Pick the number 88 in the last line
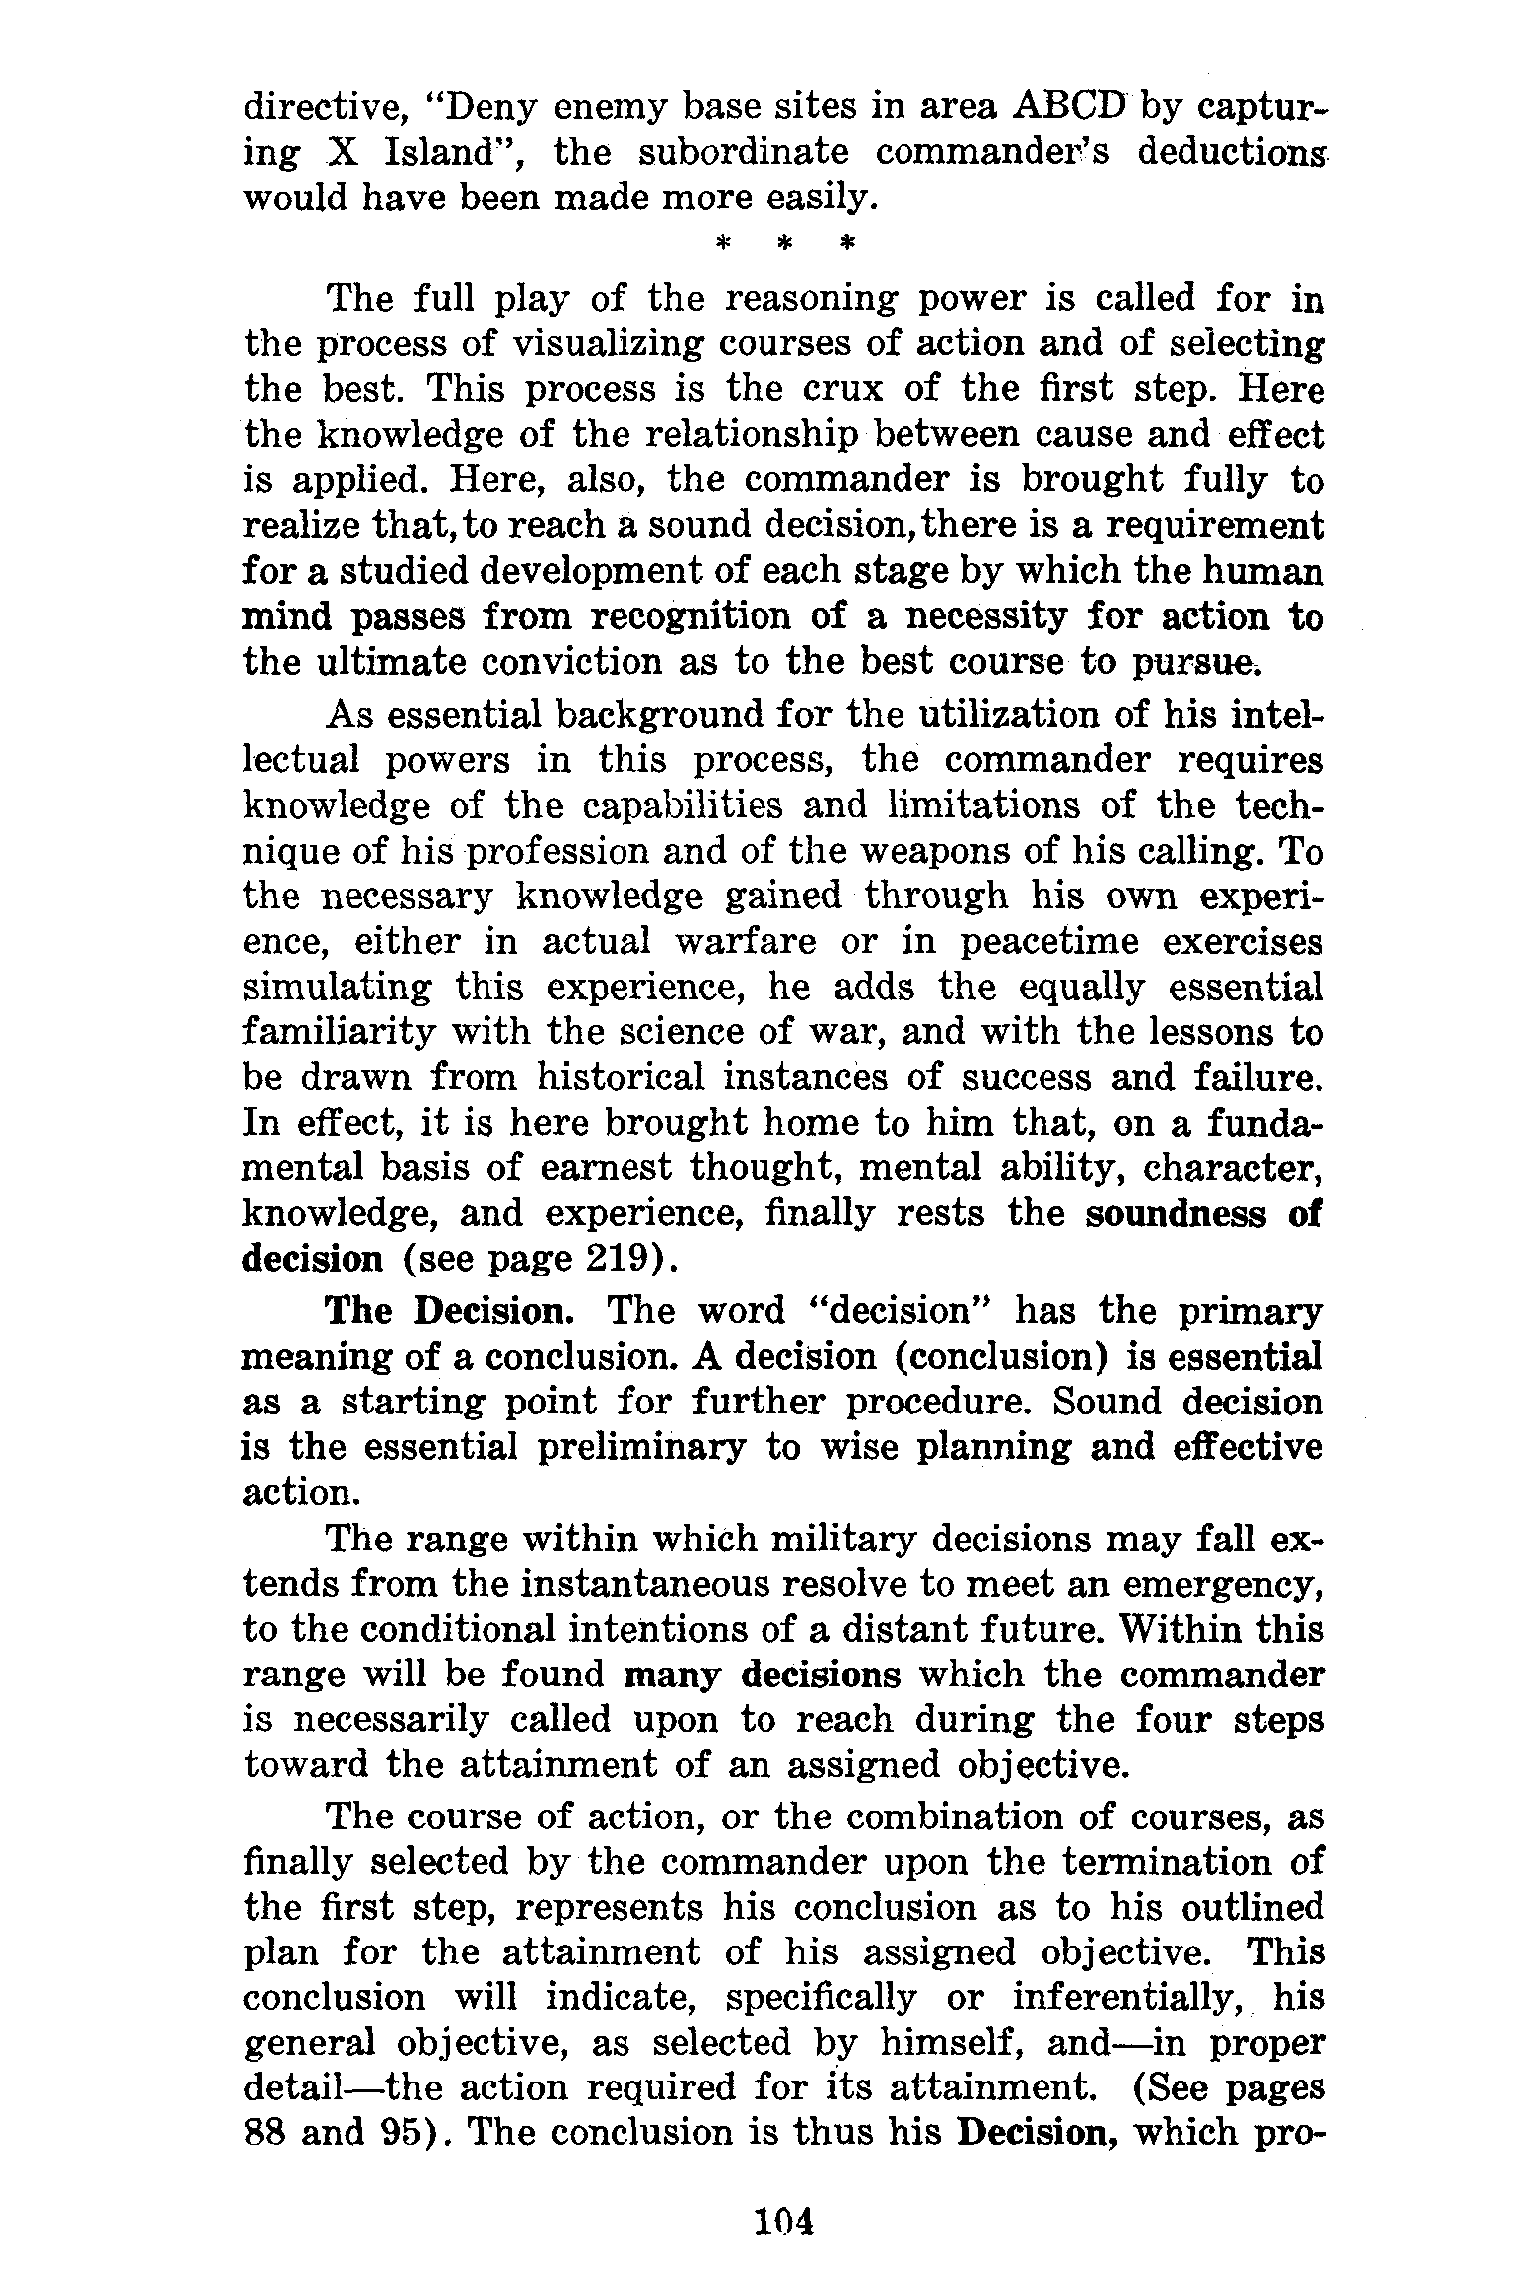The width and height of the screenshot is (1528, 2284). (x=264, y=2133)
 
